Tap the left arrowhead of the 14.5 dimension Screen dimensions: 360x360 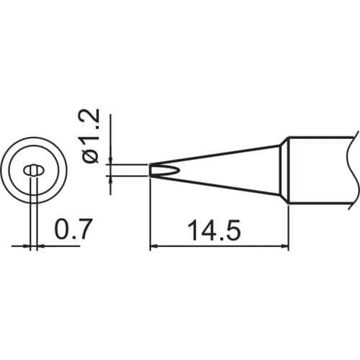tap(153, 247)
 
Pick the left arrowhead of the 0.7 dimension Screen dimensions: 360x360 tap(28, 246)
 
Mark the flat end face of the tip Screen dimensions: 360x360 tap(150, 171)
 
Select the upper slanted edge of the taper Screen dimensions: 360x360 tap(216, 156)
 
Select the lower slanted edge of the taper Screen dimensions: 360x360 tap(216, 186)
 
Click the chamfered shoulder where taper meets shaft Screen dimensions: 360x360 tap(284, 171)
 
